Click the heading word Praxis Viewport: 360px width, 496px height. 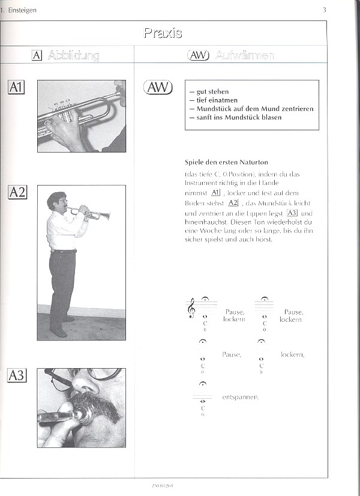(x=163, y=32)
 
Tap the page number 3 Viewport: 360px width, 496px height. (x=324, y=10)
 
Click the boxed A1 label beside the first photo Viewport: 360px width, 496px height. (x=16, y=88)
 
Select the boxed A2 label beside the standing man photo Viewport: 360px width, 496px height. (x=17, y=192)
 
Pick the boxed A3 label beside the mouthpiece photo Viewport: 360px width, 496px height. (x=17, y=376)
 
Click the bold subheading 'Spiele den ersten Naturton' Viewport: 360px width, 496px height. (x=226, y=162)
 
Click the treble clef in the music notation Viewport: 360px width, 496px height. (x=191, y=308)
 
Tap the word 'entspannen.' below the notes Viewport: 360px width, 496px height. (x=240, y=396)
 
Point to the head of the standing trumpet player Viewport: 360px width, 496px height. (x=57, y=202)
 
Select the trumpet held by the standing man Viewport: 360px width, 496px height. (x=90, y=213)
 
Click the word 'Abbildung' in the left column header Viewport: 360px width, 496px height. (x=73, y=55)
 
